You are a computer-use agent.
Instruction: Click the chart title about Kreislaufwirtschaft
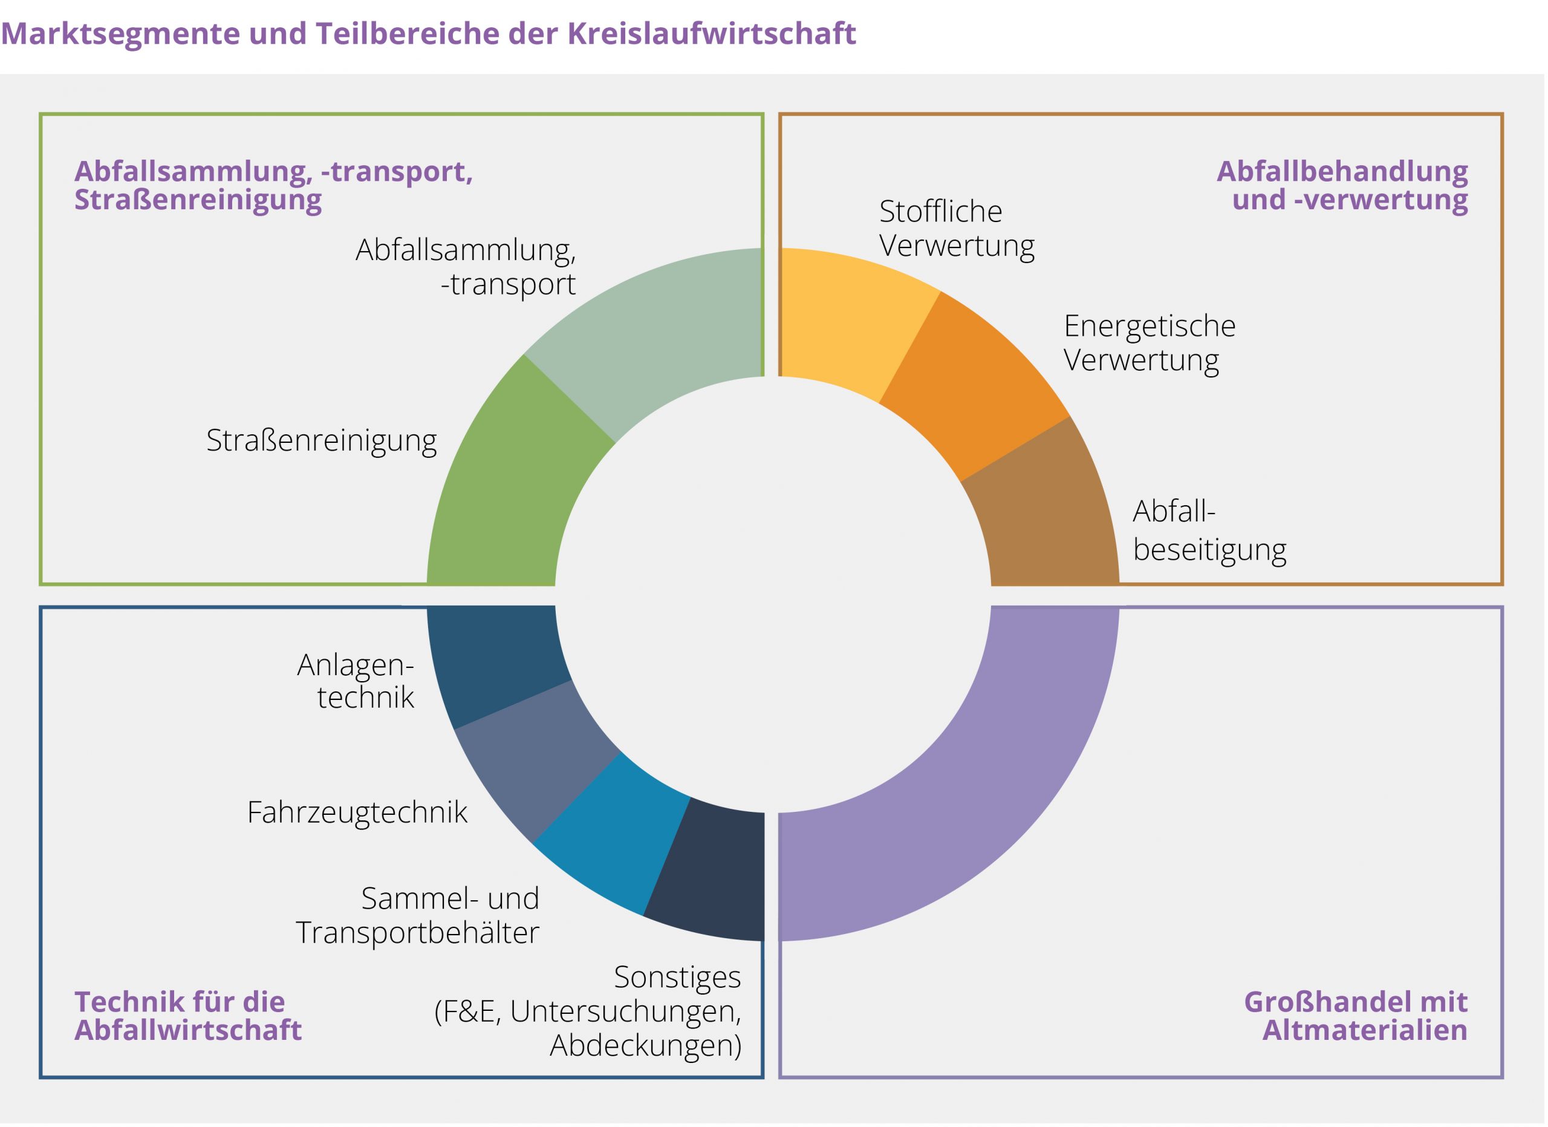pyautogui.click(x=429, y=33)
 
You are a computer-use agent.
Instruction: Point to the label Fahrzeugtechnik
pyautogui.click(x=357, y=812)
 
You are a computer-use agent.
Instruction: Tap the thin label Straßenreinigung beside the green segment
pyautogui.click(x=322, y=441)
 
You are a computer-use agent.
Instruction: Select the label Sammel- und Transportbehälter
pyautogui.click(x=417, y=915)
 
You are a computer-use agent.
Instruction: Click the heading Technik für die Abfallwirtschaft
pyautogui.click(x=187, y=1016)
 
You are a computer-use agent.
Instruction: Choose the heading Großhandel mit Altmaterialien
pyautogui.click(x=1356, y=1016)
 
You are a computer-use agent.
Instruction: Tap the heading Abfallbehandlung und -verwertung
pyautogui.click(x=1342, y=186)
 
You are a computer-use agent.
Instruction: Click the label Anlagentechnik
pyautogui.click(x=356, y=681)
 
